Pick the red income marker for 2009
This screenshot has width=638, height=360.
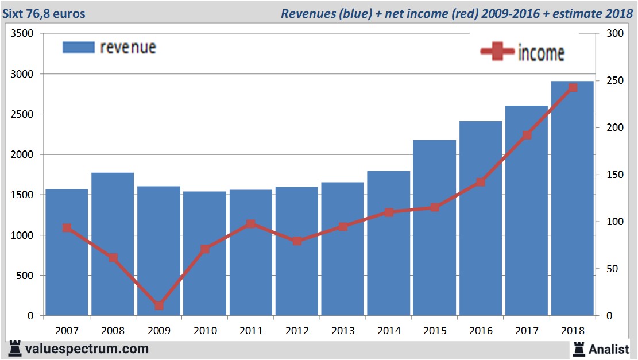(x=159, y=305)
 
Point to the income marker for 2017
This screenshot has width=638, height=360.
(x=527, y=136)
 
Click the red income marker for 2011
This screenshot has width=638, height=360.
(x=251, y=224)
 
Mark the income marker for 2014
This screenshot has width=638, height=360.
(x=389, y=212)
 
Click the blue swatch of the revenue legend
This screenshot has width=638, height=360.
(x=78, y=48)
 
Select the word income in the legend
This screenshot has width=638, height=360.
(x=541, y=53)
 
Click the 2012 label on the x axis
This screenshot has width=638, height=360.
(x=297, y=331)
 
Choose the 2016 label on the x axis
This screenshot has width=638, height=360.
(x=481, y=331)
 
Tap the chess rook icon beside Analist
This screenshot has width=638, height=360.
(x=579, y=348)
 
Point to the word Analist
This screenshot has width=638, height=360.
(x=608, y=349)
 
